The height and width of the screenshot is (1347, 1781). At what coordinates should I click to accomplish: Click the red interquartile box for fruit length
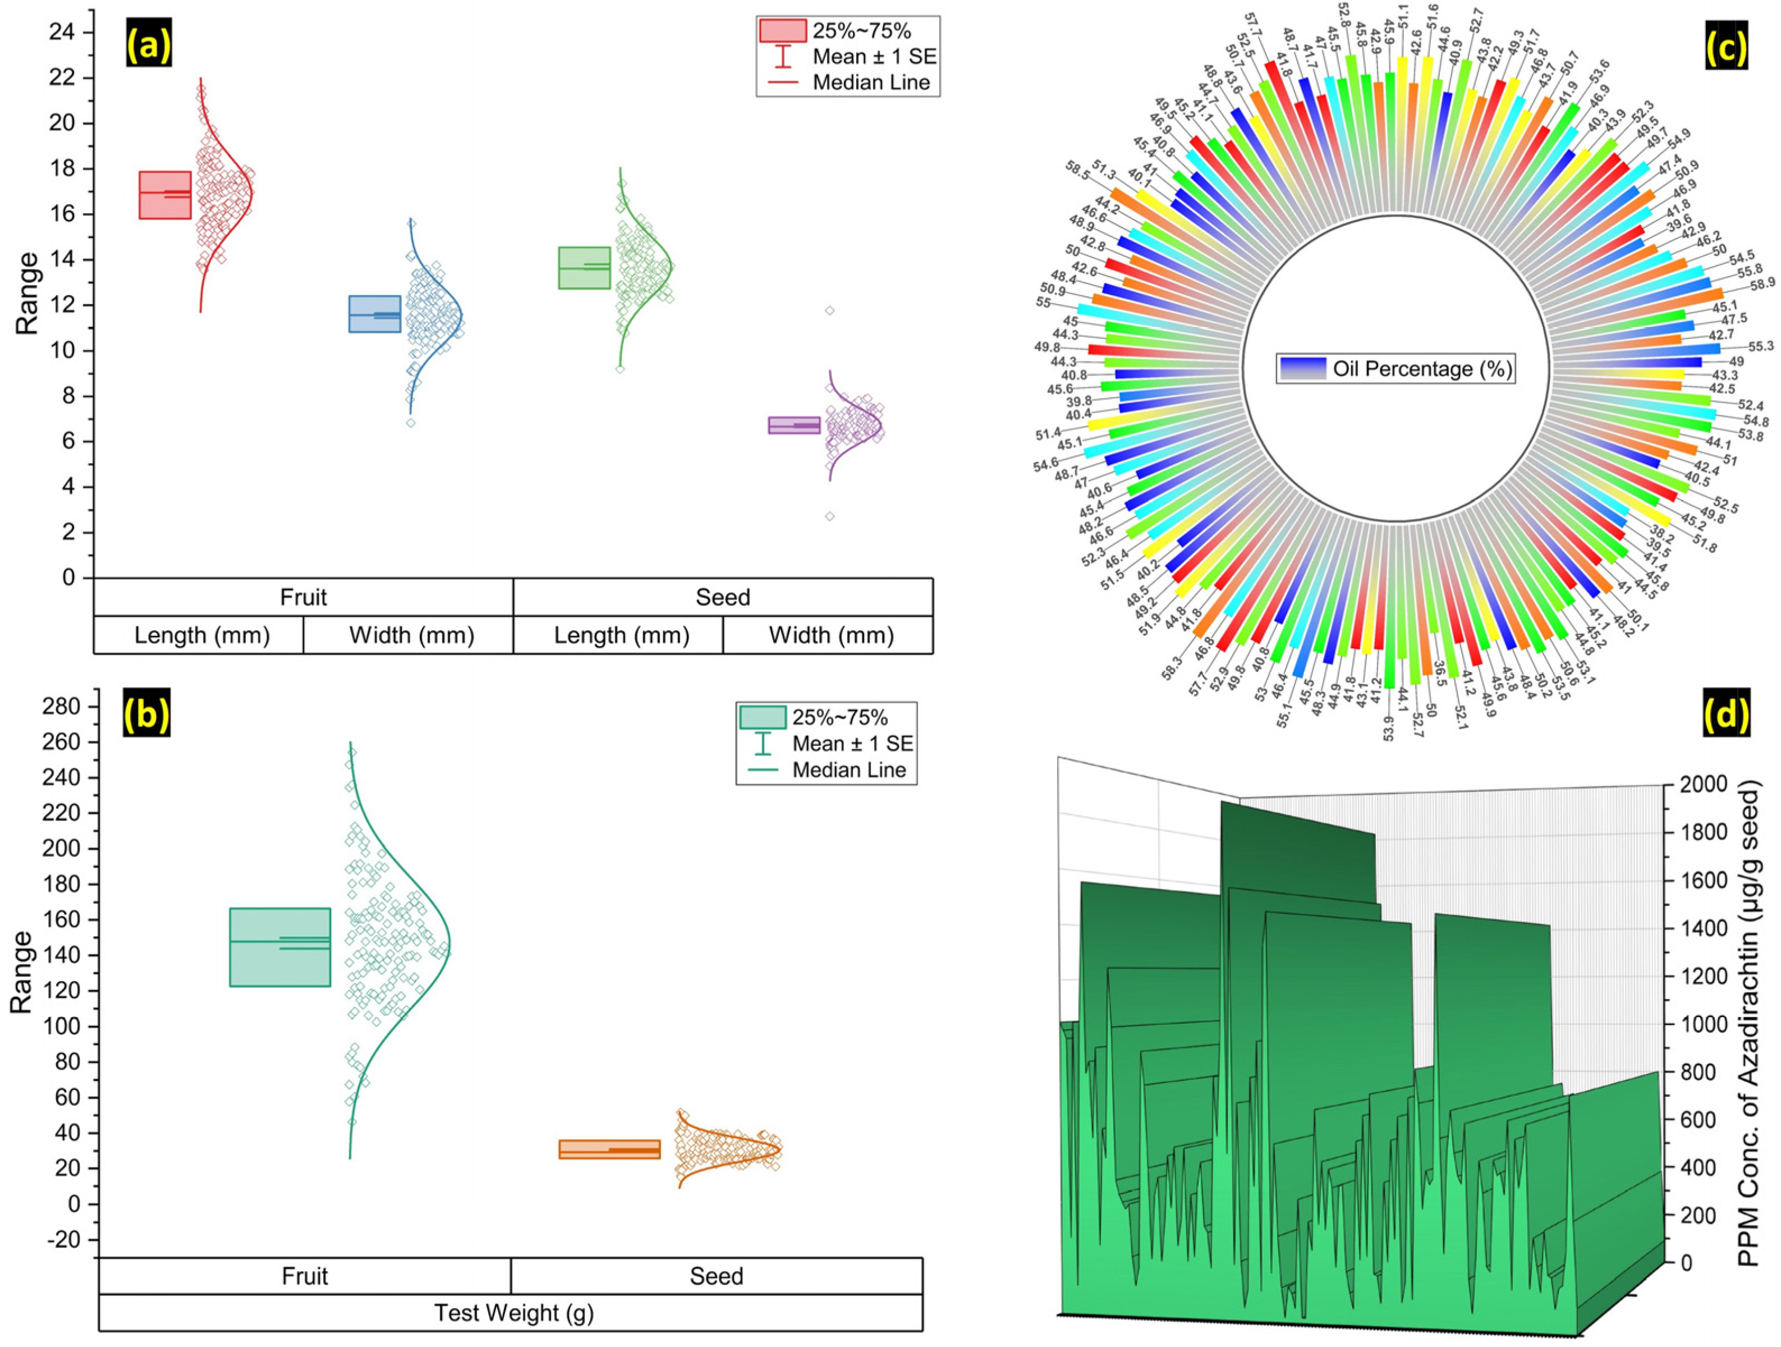[165, 195]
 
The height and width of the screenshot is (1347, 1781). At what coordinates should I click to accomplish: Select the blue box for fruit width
[374, 314]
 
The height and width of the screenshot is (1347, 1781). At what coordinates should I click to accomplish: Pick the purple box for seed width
[794, 425]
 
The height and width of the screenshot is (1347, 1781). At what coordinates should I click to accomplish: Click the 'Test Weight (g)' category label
[513, 1313]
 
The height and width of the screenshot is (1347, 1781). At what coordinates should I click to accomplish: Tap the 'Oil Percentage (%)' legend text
[1422, 369]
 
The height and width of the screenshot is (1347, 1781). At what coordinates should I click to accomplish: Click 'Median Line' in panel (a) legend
[871, 82]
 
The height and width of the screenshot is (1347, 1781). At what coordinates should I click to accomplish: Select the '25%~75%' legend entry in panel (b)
[840, 717]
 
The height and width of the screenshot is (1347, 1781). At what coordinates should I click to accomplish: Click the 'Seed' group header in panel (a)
[722, 597]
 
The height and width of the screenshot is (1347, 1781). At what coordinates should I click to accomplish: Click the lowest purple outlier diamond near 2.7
[829, 516]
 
